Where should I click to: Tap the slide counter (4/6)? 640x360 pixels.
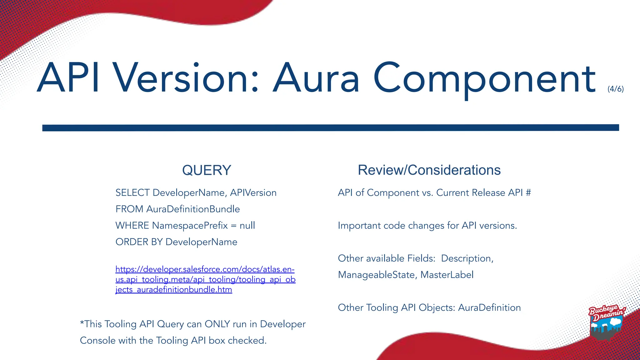click(x=615, y=89)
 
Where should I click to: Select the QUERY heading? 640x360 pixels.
click(x=207, y=170)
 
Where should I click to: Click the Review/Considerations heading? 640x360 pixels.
click(x=429, y=170)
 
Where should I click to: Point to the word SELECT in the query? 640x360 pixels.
click(x=132, y=193)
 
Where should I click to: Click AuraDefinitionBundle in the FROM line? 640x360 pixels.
click(x=193, y=209)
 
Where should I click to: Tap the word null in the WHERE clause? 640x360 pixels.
click(x=247, y=226)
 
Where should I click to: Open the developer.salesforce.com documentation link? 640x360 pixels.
click(x=205, y=279)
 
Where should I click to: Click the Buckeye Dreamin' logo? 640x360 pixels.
click(x=606, y=322)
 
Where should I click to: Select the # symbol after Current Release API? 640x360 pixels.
click(x=528, y=193)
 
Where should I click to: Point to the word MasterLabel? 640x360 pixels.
click(x=447, y=275)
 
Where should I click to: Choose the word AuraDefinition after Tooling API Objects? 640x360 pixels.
click(x=489, y=307)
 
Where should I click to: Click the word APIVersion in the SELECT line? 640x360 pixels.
click(x=253, y=193)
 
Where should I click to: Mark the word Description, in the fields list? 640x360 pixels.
click(x=467, y=258)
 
